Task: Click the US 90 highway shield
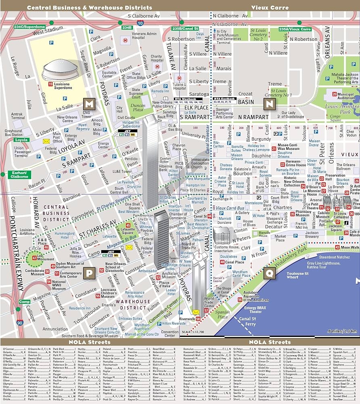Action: click(20, 323)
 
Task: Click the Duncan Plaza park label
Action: click(138, 107)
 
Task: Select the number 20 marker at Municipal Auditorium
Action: click(334, 94)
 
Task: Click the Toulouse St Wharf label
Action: click(298, 276)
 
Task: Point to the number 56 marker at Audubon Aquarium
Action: click(240, 299)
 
